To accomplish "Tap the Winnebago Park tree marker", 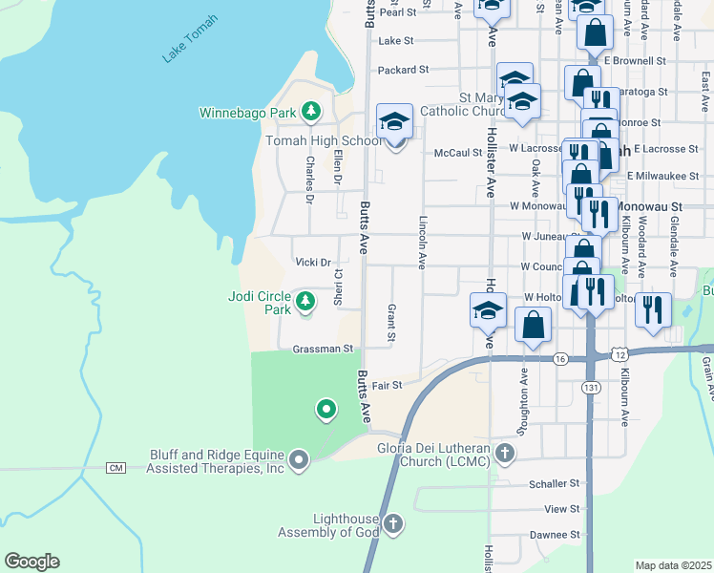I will pos(310,113).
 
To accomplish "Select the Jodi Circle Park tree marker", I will pos(304,303).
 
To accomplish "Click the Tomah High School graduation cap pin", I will pos(394,122).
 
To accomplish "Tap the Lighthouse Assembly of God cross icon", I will pos(393,523).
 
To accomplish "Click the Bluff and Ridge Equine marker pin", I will pos(299,461).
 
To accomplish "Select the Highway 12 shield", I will pos(622,353).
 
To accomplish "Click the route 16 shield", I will pos(559,358).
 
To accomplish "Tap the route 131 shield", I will pos(589,387).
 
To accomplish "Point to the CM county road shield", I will pos(116,467).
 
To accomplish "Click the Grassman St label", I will pos(324,349).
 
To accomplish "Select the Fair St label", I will pos(387,385).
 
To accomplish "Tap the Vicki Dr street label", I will pos(312,263).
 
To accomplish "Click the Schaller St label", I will pos(554,484).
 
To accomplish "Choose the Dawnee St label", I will pos(554,535).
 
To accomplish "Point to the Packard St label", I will pos(403,70).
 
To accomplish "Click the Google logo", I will pos(31,562).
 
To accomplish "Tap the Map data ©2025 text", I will pos(673,565).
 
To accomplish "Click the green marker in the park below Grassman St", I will pos(325,411).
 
